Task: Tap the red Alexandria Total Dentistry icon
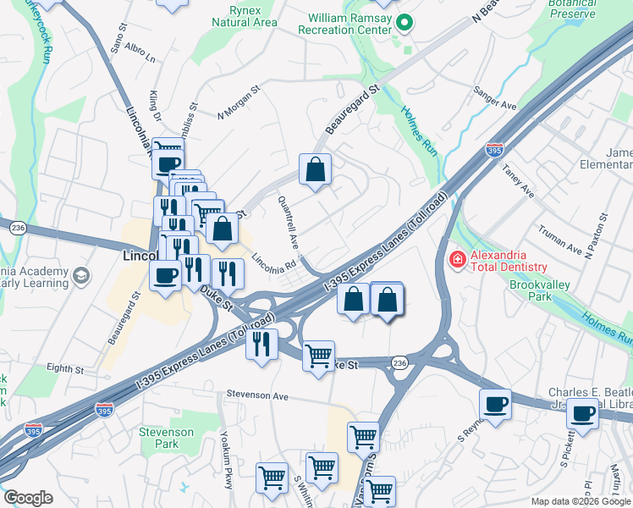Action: (x=456, y=258)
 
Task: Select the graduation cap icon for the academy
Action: (x=81, y=275)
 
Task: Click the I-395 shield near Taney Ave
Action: (x=495, y=150)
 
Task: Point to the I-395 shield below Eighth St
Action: (x=105, y=410)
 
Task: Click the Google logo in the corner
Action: (x=28, y=497)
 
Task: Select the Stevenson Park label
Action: (x=167, y=438)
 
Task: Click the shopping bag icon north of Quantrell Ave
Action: (x=315, y=169)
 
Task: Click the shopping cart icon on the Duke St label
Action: (x=318, y=356)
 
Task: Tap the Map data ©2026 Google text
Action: (x=580, y=500)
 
